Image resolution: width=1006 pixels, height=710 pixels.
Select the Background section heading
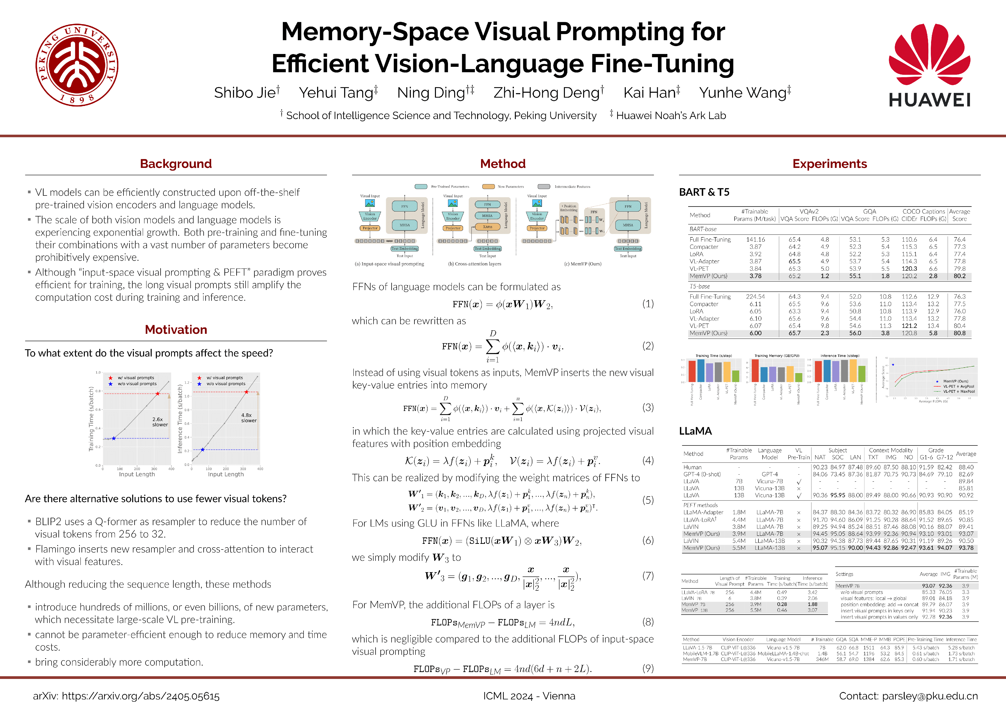point(176,164)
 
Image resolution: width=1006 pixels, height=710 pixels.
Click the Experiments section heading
point(829,164)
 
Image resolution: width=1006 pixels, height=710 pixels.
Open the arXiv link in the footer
point(126,696)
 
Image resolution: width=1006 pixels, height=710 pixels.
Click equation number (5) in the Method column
point(647,500)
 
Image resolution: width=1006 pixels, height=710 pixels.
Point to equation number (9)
point(647,668)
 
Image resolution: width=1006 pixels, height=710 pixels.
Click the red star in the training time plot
point(158,394)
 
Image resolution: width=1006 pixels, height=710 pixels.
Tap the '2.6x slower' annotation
point(160,422)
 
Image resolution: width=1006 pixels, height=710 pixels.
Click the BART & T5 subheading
point(704,192)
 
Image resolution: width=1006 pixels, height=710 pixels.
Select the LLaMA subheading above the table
point(695,431)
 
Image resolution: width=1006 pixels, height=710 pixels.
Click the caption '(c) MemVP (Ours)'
point(583,264)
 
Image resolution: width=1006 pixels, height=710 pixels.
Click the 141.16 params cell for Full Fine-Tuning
point(755,240)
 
